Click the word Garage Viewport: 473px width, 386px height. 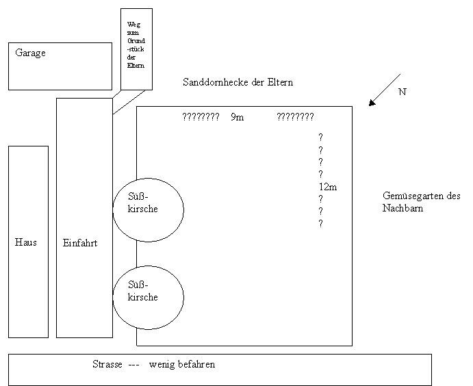click(x=30, y=53)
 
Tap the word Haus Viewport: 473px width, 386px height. click(x=26, y=242)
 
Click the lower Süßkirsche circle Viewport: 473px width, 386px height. click(x=149, y=297)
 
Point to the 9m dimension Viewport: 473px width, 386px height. click(x=237, y=117)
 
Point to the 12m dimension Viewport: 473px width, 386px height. click(x=328, y=187)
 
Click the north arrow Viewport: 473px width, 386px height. click(x=384, y=90)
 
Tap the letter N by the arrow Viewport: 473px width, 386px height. click(x=402, y=91)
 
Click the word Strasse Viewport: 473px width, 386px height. click(x=107, y=364)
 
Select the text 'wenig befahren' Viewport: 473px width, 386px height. click(x=182, y=364)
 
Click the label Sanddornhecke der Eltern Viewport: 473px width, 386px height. click(x=238, y=82)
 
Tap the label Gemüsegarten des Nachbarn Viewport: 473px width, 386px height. click(x=420, y=202)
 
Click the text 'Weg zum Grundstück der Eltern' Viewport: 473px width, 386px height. click(x=136, y=48)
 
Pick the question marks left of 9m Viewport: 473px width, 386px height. click(x=201, y=117)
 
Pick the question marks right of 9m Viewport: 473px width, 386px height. click(x=295, y=117)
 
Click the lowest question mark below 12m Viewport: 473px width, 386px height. click(x=320, y=224)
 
